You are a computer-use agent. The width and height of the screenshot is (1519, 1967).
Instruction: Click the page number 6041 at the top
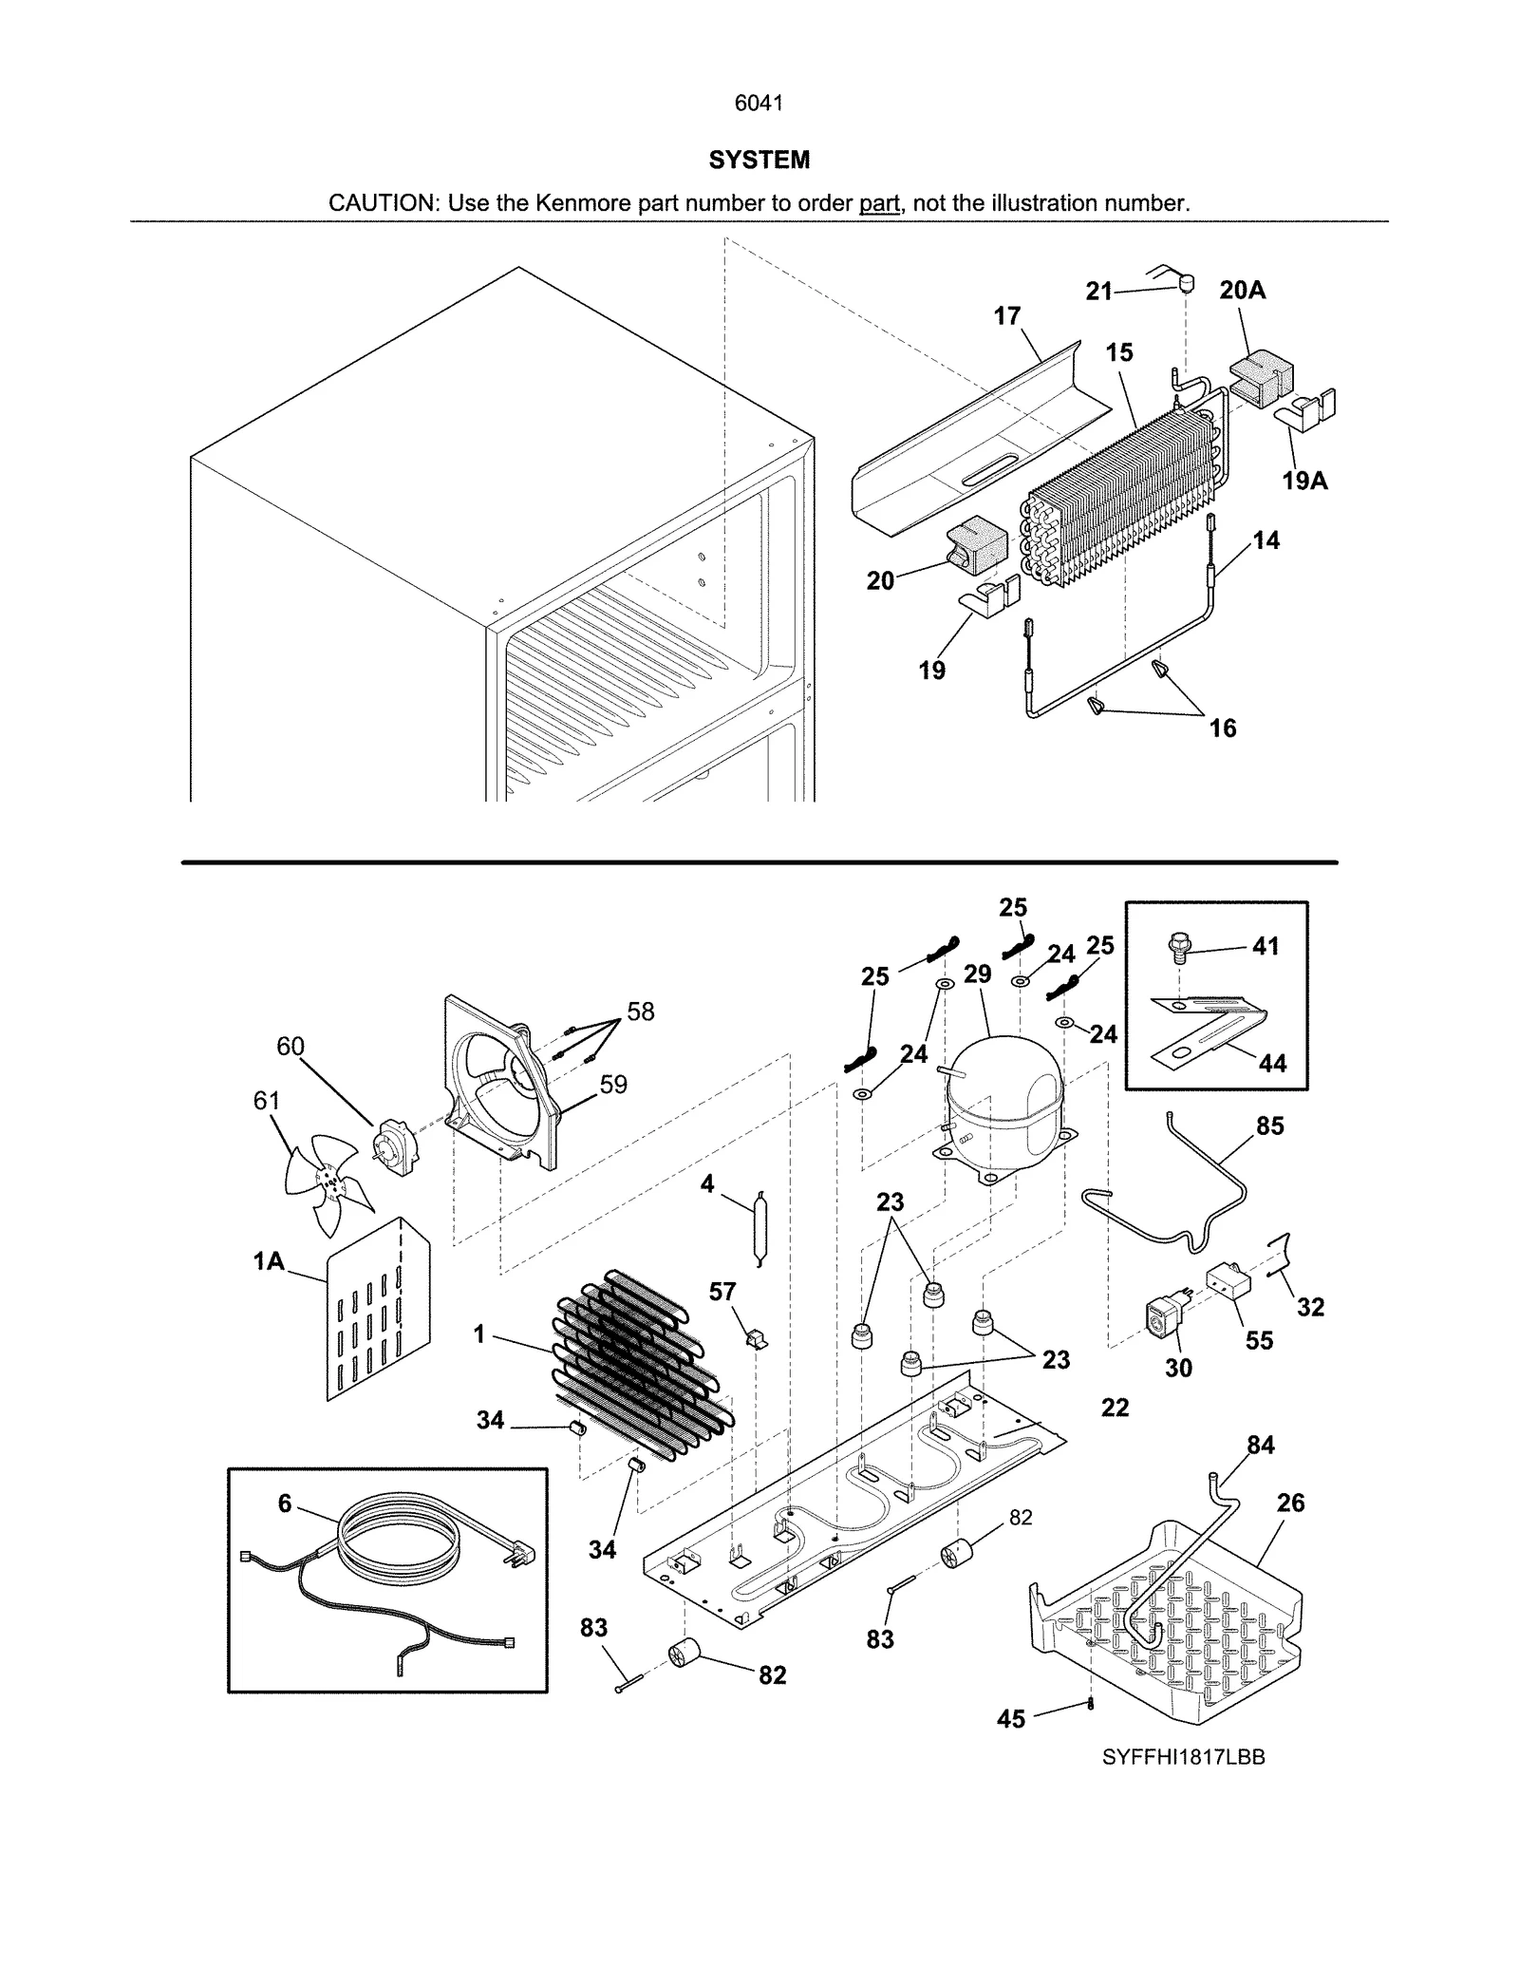pos(759,104)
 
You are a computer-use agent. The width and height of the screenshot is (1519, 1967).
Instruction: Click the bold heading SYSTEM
pos(759,161)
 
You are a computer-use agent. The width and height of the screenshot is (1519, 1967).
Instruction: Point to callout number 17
pos(1006,316)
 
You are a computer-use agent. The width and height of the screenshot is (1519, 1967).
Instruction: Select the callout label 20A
pos(1242,291)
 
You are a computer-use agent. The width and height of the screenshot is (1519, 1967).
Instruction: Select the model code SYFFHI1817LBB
pos(1183,1757)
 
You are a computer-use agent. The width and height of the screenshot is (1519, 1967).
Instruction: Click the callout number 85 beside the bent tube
pos(1269,1126)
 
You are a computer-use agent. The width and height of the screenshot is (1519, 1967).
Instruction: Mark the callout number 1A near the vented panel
pos(269,1261)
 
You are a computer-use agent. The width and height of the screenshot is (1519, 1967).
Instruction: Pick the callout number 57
pos(722,1292)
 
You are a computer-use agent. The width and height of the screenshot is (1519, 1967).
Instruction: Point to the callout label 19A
pos(1304,482)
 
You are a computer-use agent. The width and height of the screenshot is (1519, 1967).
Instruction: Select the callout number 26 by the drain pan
pos(1290,1503)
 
